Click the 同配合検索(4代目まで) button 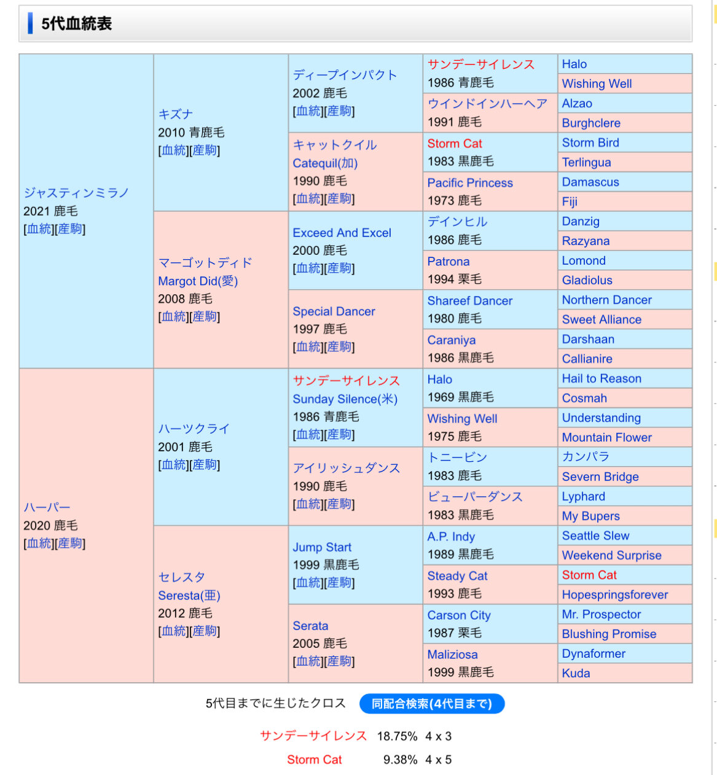click(431, 704)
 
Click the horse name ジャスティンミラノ click(76, 193)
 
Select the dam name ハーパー click(47, 507)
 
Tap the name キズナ click(176, 114)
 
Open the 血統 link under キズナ click(174, 150)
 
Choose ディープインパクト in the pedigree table click(345, 75)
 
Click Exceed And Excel click(342, 233)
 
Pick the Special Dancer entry click(334, 311)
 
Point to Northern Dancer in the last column click(606, 300)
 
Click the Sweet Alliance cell click(601, 319)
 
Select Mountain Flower click(606, 437)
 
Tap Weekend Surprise click(611, 555)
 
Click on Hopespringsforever click(614, 594)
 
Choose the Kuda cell click(576, 673)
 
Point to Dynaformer click(594, 653)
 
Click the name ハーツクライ click(194, 429)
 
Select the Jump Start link click(322, 547)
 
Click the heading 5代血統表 click(76, 24)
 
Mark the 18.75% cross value click(397, 736)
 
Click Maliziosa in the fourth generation click(452, 655)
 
